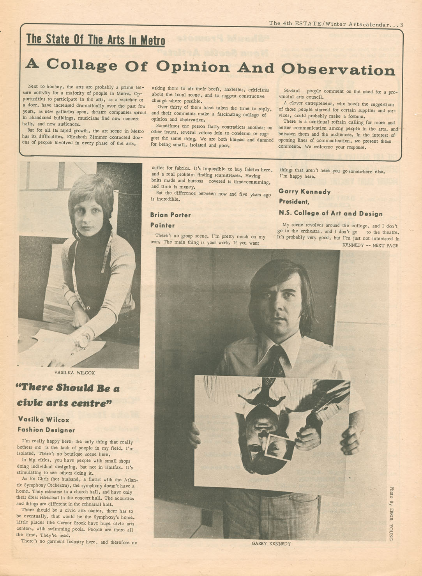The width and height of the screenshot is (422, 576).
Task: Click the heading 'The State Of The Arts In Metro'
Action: point(95,40)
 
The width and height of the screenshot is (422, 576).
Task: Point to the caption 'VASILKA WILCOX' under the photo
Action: point(74,373)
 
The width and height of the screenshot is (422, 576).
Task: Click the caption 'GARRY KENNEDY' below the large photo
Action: point(271,544)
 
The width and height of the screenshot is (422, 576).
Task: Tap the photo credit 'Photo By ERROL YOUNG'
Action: point(391,513)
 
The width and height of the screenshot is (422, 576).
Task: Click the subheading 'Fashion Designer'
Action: point(46,430)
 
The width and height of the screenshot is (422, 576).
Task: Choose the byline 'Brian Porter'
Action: point(170,215)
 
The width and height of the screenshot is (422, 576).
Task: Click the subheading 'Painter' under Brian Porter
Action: point(162,225)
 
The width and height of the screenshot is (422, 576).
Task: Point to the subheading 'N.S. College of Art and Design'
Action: point(330,213)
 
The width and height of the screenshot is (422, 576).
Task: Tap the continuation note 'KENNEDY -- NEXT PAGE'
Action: point(370,246)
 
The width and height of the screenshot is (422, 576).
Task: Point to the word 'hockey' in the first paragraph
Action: point(55,87)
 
